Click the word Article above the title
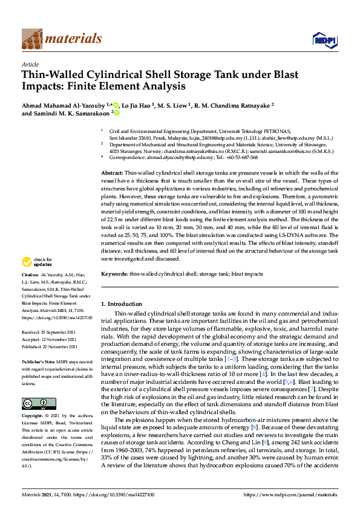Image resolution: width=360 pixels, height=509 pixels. pyautogui.click(x=30, y=63)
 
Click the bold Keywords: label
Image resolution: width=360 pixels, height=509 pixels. pyautogui.click(x=113, y=274)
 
